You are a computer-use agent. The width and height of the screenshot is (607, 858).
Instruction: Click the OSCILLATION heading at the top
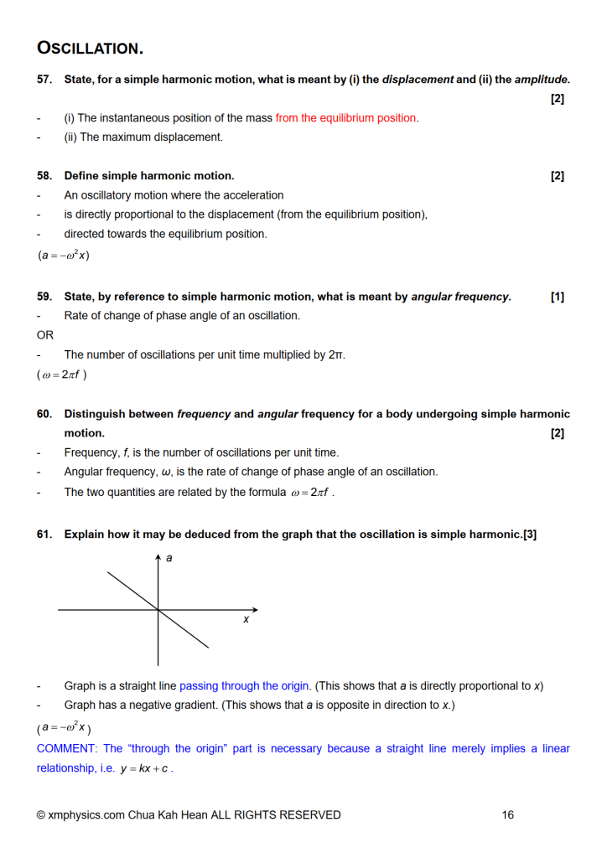pos(90,48)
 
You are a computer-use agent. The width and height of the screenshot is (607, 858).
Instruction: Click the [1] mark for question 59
pos(558,297)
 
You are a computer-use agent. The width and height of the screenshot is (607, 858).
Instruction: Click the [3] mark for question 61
pos(529,535)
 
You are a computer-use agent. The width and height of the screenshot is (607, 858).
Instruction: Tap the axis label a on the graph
pos(169,558)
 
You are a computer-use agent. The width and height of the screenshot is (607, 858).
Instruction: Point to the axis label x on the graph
pos(246,620)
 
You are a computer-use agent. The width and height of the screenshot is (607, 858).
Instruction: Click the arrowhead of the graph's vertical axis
pos(158,557)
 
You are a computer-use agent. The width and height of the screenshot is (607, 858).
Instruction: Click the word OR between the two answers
pos(45,335)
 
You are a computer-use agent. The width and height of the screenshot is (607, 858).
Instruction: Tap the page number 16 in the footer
pos(508,814)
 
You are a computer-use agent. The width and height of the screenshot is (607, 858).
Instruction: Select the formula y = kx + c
pos(144,769)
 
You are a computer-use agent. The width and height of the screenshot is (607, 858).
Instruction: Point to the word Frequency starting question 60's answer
pos(92,452)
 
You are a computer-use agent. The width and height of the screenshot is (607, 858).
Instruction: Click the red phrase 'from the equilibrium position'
pos(345,118)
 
